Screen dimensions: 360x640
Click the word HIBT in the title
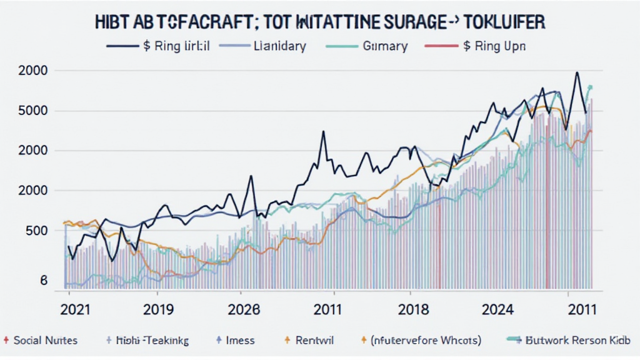pos(114,22)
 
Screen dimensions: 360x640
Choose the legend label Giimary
pos(386,46)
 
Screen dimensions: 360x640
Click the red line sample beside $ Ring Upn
pos(441,46)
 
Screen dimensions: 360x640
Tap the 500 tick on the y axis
pos(37,230)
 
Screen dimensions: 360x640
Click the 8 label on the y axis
pos(43,281)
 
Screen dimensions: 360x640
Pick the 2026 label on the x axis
pos(244,309)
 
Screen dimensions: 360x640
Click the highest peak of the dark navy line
pos(577,72)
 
